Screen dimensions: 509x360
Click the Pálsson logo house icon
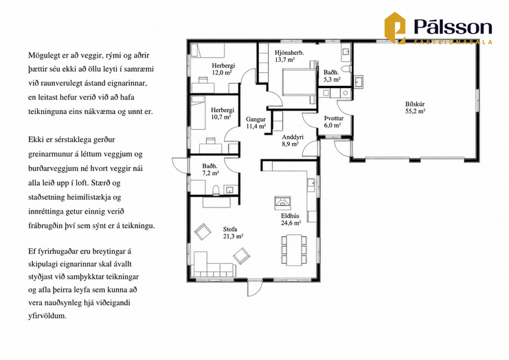coord(395,27)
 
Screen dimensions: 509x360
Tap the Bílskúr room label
coord(415,104)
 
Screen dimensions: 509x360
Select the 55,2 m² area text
coord(415,111)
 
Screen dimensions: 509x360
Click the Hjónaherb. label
coord(289,53)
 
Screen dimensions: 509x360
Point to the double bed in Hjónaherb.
coord(299,82)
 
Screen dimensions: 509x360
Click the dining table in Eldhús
coord(294,249)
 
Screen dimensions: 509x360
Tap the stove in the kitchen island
coord(283,201)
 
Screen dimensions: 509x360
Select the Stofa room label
coord(230,229)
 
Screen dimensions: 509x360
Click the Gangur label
coord(256,120)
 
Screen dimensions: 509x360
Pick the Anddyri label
coord(293,137)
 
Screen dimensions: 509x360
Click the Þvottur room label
coord(334,118)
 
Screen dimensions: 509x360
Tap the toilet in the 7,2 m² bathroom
coord(216,190)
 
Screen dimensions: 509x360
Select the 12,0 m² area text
coord(222,72)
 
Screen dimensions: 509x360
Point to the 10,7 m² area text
coord(221,117)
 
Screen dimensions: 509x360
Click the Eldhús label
coord(290,216)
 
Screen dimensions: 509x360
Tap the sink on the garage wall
coord(359,82)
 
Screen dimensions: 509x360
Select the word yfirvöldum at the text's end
coord(47,315)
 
